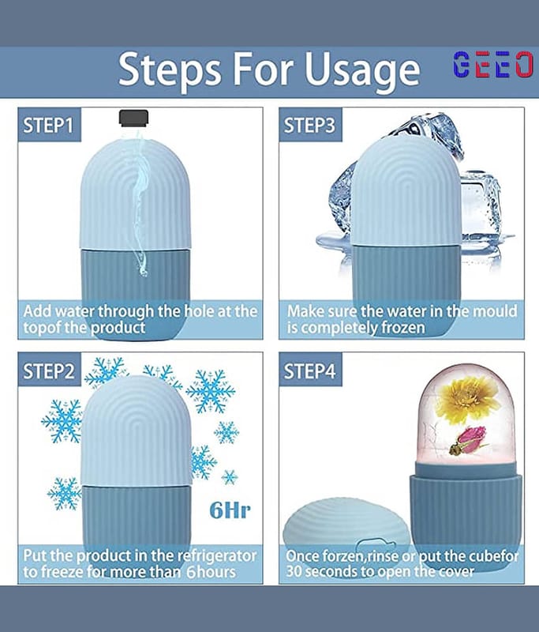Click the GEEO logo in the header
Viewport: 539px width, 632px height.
[x=493, y=64]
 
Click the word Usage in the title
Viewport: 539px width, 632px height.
[x=361, y=71]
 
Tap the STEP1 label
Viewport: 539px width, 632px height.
[x=49, y=126]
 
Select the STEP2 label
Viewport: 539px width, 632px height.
[x=49, y=371]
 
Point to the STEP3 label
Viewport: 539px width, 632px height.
[x=309, y=126]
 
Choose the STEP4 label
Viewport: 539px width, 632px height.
[x=309, y=371]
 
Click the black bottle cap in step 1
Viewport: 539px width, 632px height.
[x=133, y=117]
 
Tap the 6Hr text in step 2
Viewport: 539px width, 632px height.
[x=230, y=510]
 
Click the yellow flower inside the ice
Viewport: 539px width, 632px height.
[x=467, y=399]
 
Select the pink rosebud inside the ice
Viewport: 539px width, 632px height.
[x=468, y=442]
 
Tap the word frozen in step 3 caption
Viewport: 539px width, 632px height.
[x=403, y=328]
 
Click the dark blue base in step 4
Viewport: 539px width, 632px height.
[x=466, y=518]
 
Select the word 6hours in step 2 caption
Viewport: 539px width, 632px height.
[x=211, y=572]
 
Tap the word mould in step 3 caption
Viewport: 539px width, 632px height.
[x=495, y=311]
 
